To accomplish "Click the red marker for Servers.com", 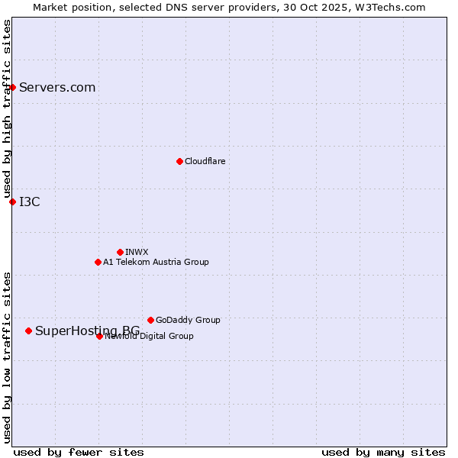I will coord(12,87).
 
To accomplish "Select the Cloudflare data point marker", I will coord(179,161).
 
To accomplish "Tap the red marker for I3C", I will coord(12,202).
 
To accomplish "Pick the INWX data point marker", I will coord(120,252).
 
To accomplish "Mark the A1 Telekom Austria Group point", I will coord(98,262).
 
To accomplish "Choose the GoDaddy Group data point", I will coord(150,320).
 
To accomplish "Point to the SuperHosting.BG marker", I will coord(28,331).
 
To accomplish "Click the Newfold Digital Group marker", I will coord(99,336).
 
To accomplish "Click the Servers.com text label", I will coord(57,87).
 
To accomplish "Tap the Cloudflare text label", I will coord(205,161).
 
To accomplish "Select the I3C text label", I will coord(30,202).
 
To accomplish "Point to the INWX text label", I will coord(137,252).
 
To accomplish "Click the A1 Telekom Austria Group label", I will coord(156,262).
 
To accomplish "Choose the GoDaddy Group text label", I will coord(188,320).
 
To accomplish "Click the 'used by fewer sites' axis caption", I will coord(79,452).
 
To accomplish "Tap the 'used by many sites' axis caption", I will coord(383,452).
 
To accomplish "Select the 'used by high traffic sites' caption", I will coord(7,109).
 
